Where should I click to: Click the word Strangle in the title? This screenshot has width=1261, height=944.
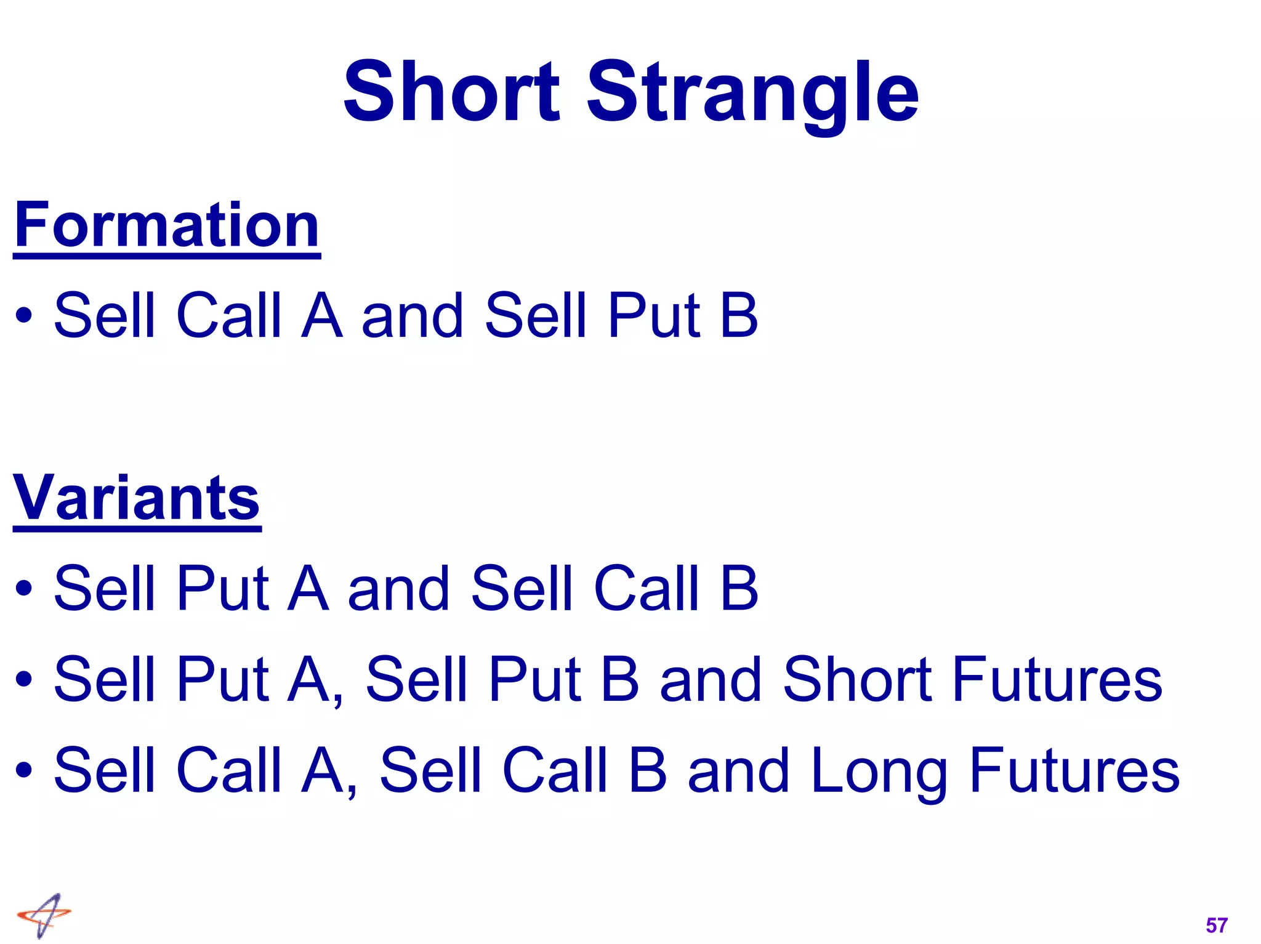(x=752, y=94)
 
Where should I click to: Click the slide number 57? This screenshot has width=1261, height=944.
(x=1216, y=925)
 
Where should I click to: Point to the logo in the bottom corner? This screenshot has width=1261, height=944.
(x=44, y=915)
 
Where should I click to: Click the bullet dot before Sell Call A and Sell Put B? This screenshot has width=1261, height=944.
(x=24, y=316)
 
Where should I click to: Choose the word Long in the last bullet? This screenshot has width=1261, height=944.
(x=879, y=771)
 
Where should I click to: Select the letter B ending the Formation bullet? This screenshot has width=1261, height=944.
(x=738, y=315)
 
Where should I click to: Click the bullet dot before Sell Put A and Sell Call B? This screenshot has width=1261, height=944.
(x=24, y=588)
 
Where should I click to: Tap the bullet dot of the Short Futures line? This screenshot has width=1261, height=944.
(x=24, y=680)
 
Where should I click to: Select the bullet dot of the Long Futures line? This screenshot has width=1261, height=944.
(x=24, y=770)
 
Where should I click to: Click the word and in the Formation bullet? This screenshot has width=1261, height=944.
(x=412, y=315)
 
